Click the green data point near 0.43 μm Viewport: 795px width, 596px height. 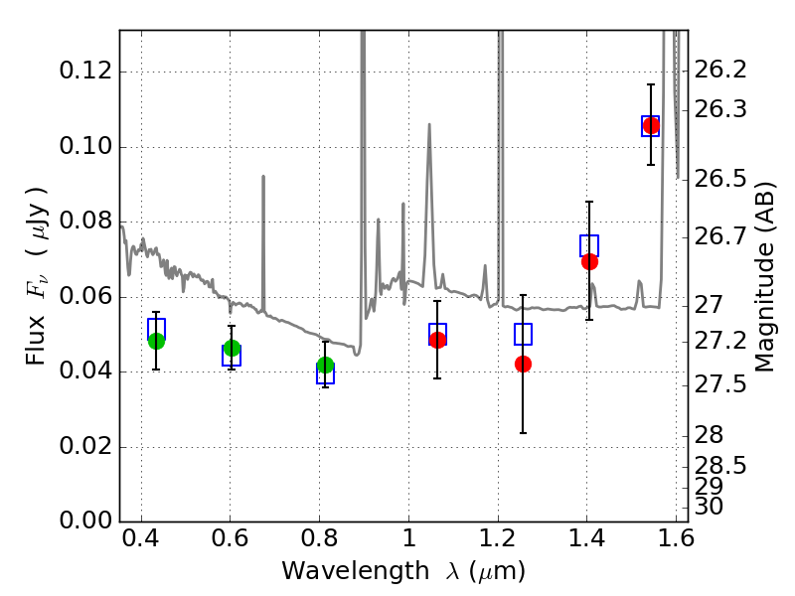[156, 341]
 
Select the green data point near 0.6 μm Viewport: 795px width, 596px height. [232, 348]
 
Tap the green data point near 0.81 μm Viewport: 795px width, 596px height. [325, 366]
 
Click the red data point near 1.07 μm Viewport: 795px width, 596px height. [437, 340]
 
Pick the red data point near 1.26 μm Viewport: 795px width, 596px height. [523, 364]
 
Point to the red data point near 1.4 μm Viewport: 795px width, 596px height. [589, 261]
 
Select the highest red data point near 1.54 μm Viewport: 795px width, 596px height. [651, 125]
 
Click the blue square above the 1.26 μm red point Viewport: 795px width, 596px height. [523, 334]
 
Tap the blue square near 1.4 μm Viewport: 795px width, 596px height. [589, 245]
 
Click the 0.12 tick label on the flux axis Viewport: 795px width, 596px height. [87, 73]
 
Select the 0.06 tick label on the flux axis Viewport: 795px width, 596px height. [87, 297]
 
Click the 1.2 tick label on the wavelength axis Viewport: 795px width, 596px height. [497, 542]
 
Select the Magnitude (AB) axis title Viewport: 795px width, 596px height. [765, 276]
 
